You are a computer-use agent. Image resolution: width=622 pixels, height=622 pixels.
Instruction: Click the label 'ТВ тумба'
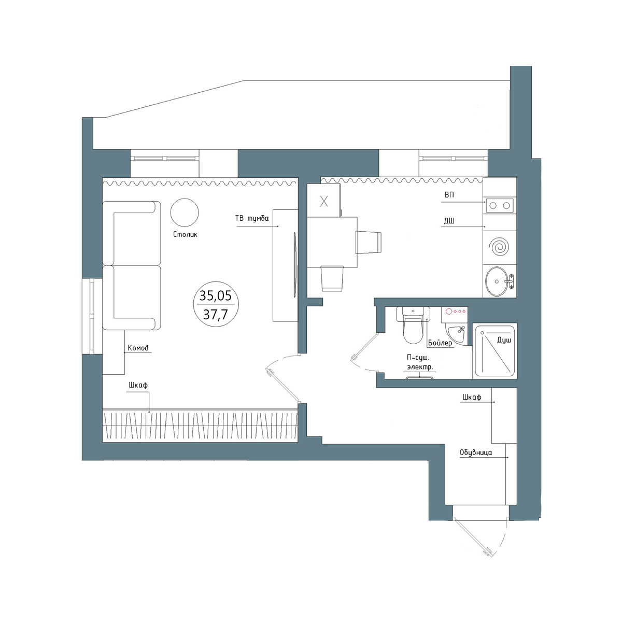click(252, 219)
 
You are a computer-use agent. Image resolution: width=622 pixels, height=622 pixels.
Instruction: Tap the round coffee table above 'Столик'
click(185, 212)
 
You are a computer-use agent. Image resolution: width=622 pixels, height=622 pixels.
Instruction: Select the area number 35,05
click(215, 295)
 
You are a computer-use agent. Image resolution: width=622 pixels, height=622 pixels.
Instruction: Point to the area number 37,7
click(215, 314)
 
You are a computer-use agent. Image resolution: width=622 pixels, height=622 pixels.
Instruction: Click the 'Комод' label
click(138, 348)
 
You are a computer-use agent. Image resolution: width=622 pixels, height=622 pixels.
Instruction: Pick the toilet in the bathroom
click(413, 324)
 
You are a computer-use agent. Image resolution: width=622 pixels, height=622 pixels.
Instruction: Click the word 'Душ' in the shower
click(504, 340)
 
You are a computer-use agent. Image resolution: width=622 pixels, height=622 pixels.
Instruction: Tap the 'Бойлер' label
click(440, 343)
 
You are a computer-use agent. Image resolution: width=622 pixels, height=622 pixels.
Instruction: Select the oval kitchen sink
click(497, 281)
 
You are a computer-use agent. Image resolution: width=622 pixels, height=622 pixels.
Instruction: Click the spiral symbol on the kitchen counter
click(499, 248)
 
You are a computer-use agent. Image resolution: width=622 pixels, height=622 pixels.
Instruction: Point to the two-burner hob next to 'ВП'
click(500, 205)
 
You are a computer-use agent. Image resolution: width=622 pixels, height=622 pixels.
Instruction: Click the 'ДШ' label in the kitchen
click(449, 221)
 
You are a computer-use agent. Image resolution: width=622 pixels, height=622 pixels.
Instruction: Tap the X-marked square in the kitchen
click(324, 202)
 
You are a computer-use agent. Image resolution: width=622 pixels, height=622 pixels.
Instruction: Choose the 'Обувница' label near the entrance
click(476, 453)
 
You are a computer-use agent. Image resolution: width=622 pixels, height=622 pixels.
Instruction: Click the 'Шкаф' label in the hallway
click(472, 397)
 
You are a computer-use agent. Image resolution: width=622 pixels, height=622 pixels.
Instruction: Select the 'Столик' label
click(185, 234)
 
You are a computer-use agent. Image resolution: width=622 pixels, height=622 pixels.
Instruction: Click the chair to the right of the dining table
click(369, 242)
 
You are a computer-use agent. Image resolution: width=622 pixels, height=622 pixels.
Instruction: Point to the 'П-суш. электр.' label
click(420, 362)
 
